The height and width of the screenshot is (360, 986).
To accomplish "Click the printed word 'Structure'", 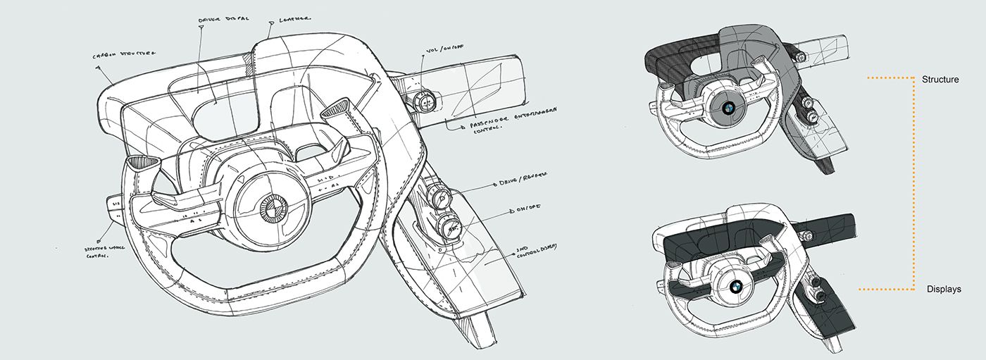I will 940,80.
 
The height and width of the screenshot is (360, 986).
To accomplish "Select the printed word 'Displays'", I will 944,290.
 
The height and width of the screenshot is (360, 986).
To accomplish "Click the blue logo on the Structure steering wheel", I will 728,108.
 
